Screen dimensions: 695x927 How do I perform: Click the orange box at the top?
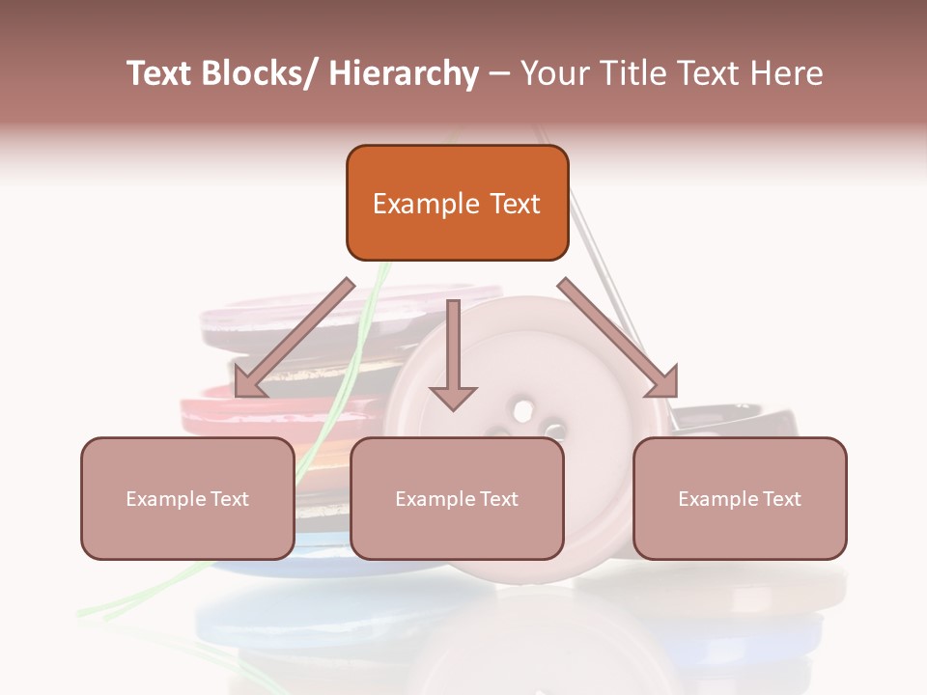click(457, 203)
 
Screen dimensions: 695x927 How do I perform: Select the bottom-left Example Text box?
click(187, 498)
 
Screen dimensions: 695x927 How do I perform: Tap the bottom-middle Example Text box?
click(457, 498)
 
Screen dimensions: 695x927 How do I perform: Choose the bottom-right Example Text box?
click(740, 498)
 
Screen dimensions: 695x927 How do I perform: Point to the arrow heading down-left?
click(295, 338)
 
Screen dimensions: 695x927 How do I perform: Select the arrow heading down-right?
click(618, 338)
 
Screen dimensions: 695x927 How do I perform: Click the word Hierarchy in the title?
click(404, 73)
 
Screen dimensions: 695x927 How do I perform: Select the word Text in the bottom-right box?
click(780, 499)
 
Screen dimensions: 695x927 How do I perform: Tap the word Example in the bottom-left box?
click(165, 499)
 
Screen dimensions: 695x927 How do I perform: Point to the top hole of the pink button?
click(522, 410)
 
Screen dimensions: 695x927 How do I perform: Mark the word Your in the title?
click(554, 73)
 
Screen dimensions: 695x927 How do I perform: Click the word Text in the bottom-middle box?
click(497, 499)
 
